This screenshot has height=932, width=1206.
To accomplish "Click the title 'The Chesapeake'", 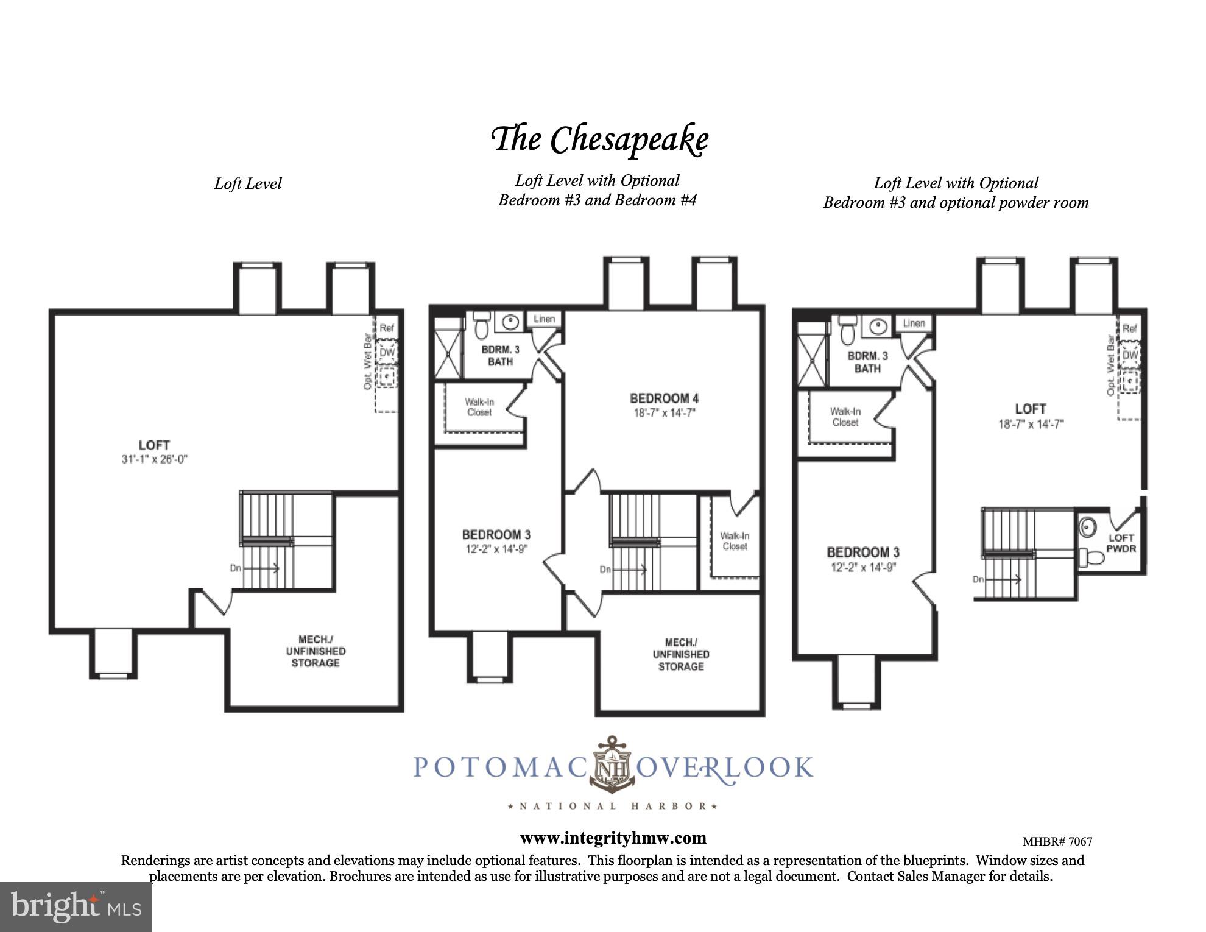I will pyautogui.click(x=599, y=139).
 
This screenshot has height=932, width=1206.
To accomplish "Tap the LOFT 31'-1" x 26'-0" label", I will pyautogui.click(x=154, y=451).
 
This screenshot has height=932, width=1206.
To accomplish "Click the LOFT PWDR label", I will pyautogui.click(x=1120, y=543).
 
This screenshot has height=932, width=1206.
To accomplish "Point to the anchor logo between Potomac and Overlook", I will pyautogui.click(x=613, y=764).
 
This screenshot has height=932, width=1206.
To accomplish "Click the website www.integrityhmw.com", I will pyautogui.click(x=613, y=838).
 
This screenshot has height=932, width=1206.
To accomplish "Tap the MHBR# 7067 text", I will pyautogui.click(x=1057, y=842).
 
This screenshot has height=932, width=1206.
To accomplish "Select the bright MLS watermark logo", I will pyautogui.click(x=76, y=906).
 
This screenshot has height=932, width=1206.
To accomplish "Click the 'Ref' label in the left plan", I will pyautogui.click(x=387, y=328).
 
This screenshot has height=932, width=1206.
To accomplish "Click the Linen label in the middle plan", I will pyautogui.click(x=544, y=319).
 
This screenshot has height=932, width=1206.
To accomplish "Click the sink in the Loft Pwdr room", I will pyautogui.click(x=1087, y=526).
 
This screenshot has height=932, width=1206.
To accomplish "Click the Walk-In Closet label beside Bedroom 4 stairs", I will pyautogui.click(x=735, y=541).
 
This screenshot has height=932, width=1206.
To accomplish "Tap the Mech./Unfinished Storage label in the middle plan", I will pyautogui.click(x=680, y=654).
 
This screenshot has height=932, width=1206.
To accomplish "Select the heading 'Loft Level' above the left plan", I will pyautogui.click(x=247, y=183).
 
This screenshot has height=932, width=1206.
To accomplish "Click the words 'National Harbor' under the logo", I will pyautogui.click(x=613, y=806).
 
